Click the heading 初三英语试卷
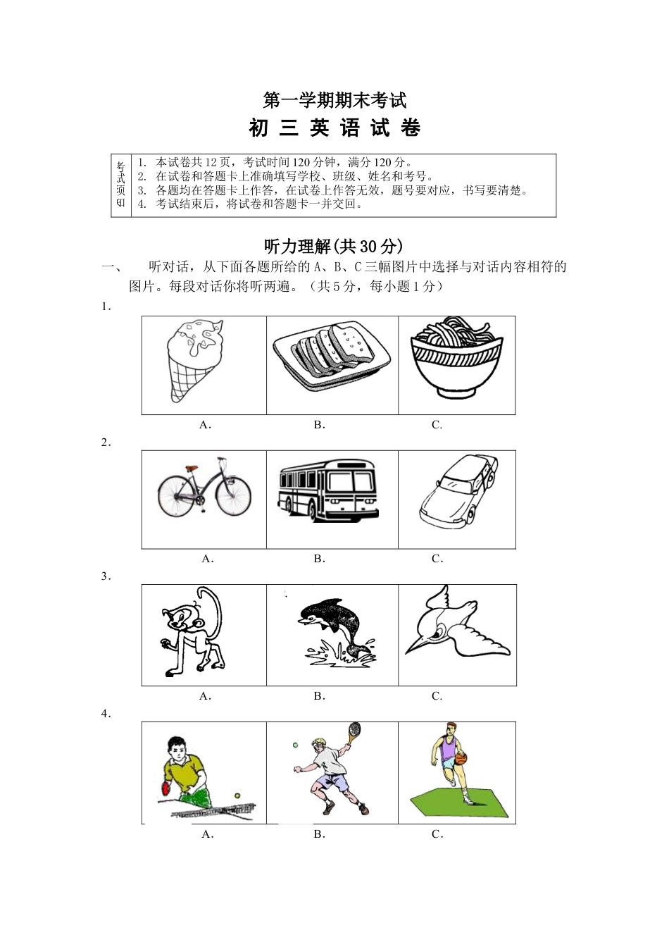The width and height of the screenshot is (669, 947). coord(334,128)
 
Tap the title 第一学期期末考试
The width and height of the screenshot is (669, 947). coord(334,100)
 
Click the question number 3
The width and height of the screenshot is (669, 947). coord(106,576)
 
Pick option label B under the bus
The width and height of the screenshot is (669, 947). coord(319,559)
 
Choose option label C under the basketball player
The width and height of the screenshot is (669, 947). coord(437,834)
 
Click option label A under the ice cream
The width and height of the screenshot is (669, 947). coord(205,425)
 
